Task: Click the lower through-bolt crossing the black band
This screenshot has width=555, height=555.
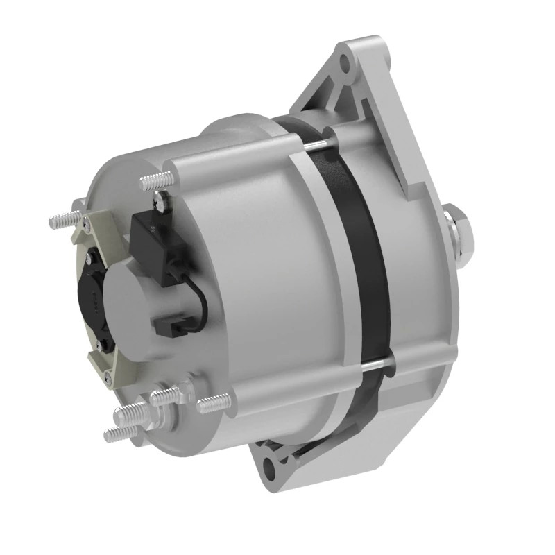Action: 375,362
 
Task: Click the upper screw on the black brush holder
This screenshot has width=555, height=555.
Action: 89,257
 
